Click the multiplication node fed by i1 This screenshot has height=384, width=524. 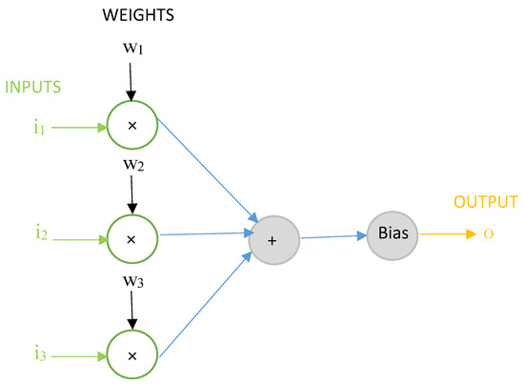131,126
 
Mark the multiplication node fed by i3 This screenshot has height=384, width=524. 131,356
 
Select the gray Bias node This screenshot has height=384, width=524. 392,234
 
